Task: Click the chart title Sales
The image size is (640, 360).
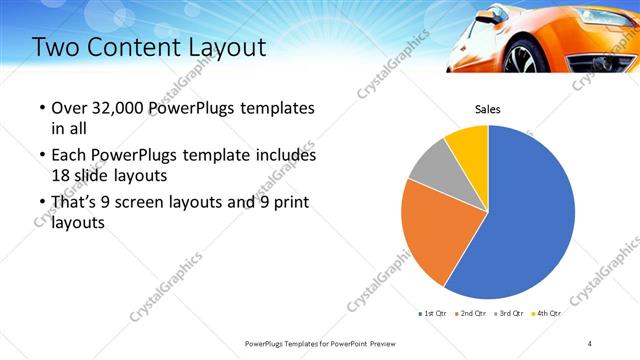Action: (487, 109)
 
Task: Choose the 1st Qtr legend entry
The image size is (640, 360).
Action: (433, 313)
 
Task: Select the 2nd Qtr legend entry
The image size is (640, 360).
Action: (471, 313)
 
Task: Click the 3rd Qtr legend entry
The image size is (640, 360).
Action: (508, 313)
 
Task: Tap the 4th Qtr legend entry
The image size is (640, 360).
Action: (546, 313)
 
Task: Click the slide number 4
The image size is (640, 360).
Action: (590, 343)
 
